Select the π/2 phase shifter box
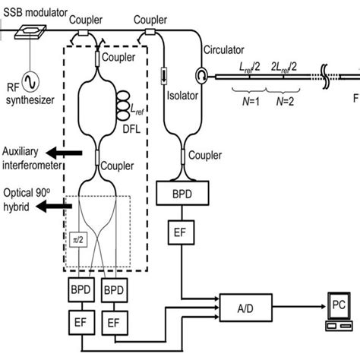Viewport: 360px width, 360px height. (x=77, y=239)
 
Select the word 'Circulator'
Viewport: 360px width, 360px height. (x=225, y=51)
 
